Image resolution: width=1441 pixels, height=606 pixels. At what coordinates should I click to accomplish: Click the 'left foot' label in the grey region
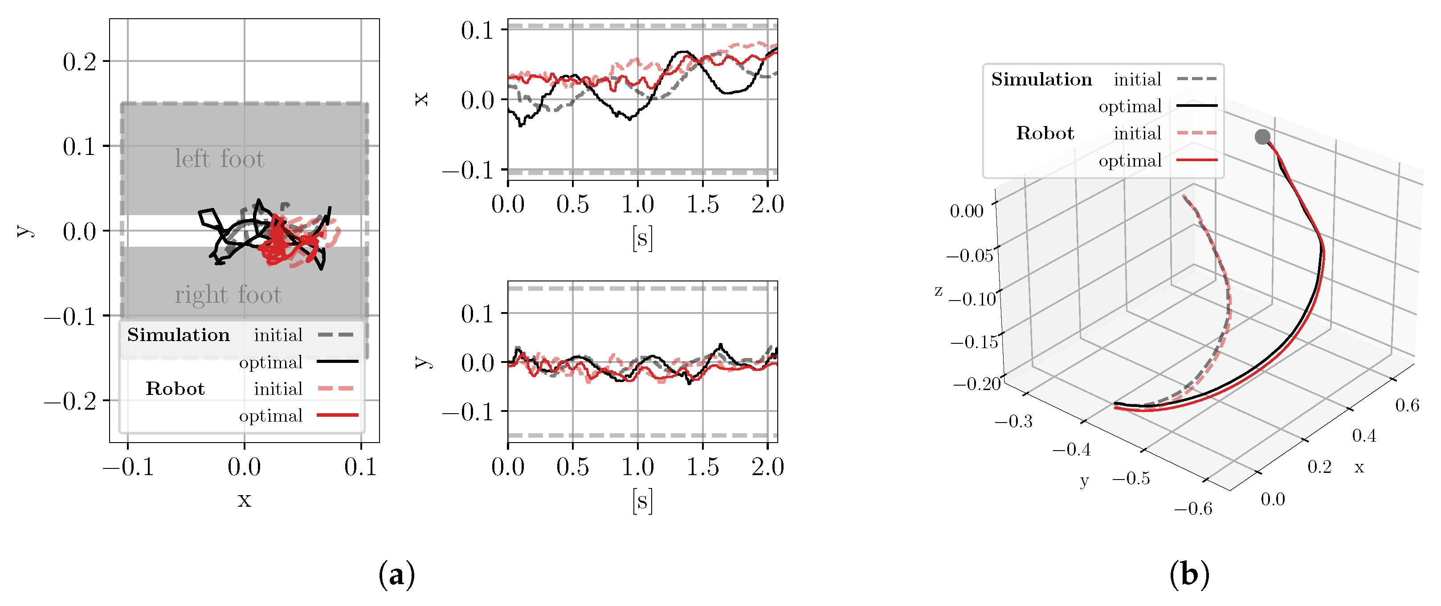[x=219, y=159]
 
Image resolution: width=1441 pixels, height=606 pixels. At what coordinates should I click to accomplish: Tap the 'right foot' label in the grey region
[x=228, y=295]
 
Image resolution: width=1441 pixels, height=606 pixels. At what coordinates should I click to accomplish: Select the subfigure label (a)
[x=396, y=575]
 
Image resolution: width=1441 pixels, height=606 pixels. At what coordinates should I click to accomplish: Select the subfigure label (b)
[x=1189, y=575]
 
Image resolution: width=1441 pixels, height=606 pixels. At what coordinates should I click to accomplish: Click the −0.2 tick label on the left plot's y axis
[x=70, y=401]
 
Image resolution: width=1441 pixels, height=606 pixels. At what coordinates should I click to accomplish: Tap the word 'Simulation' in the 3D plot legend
[x=1041, y=79]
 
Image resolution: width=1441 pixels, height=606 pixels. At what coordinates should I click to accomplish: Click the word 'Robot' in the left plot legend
[x=175, y=389]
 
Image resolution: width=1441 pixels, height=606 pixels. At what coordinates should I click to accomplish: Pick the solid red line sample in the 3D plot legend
[x=1197, y=160]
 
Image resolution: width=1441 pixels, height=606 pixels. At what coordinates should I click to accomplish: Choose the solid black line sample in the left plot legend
[x=337, y=362]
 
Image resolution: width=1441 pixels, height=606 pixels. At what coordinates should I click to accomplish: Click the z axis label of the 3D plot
[x=938, y=291]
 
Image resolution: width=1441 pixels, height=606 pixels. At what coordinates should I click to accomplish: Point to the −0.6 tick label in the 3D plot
[x=1192, y=509]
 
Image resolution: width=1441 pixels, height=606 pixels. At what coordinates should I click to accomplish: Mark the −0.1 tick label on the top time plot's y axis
[x=468, y=170]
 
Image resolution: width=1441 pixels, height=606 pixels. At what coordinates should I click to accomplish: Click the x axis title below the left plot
[x=244, y=499]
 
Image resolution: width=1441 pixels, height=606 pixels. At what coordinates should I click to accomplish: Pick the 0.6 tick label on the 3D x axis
[x=1407, y=405]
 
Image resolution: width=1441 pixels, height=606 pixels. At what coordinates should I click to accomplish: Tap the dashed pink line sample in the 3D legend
[x=1197, y=133]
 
